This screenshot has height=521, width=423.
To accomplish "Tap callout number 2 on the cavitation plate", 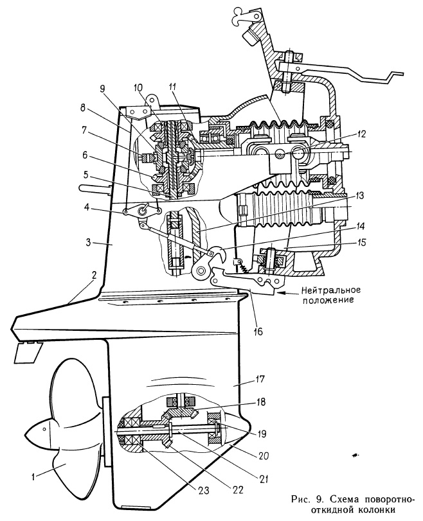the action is [94, 276].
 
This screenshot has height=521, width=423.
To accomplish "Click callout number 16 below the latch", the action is [258, 331].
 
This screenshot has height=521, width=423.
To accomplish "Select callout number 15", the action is [361, 242].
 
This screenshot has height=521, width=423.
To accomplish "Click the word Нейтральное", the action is [331, 291].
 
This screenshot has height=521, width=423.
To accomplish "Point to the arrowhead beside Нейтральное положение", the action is [278, 294].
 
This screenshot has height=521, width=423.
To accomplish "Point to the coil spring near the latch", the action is [244, 268].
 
